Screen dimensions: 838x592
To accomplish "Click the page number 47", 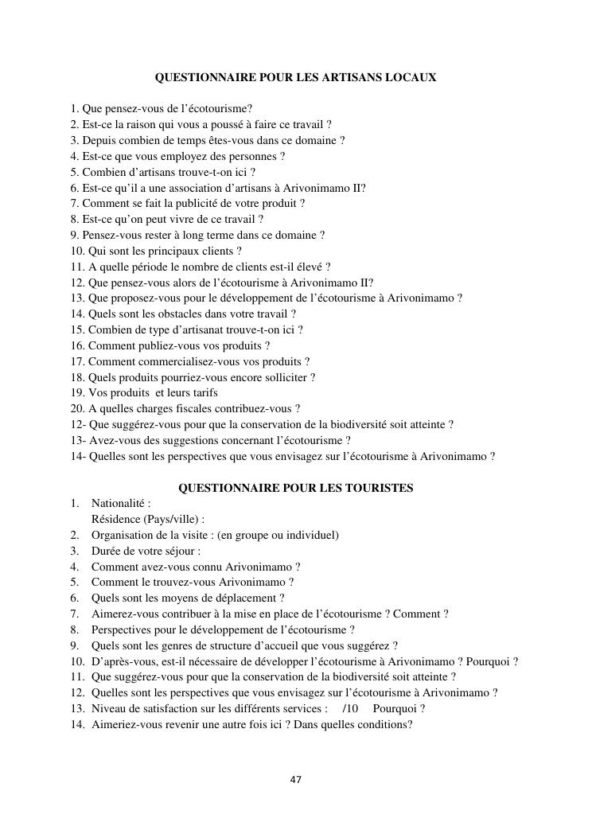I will (296, 780).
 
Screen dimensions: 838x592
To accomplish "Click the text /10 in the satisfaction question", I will (351, 708).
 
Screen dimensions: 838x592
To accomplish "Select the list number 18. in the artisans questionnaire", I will (77, 377).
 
